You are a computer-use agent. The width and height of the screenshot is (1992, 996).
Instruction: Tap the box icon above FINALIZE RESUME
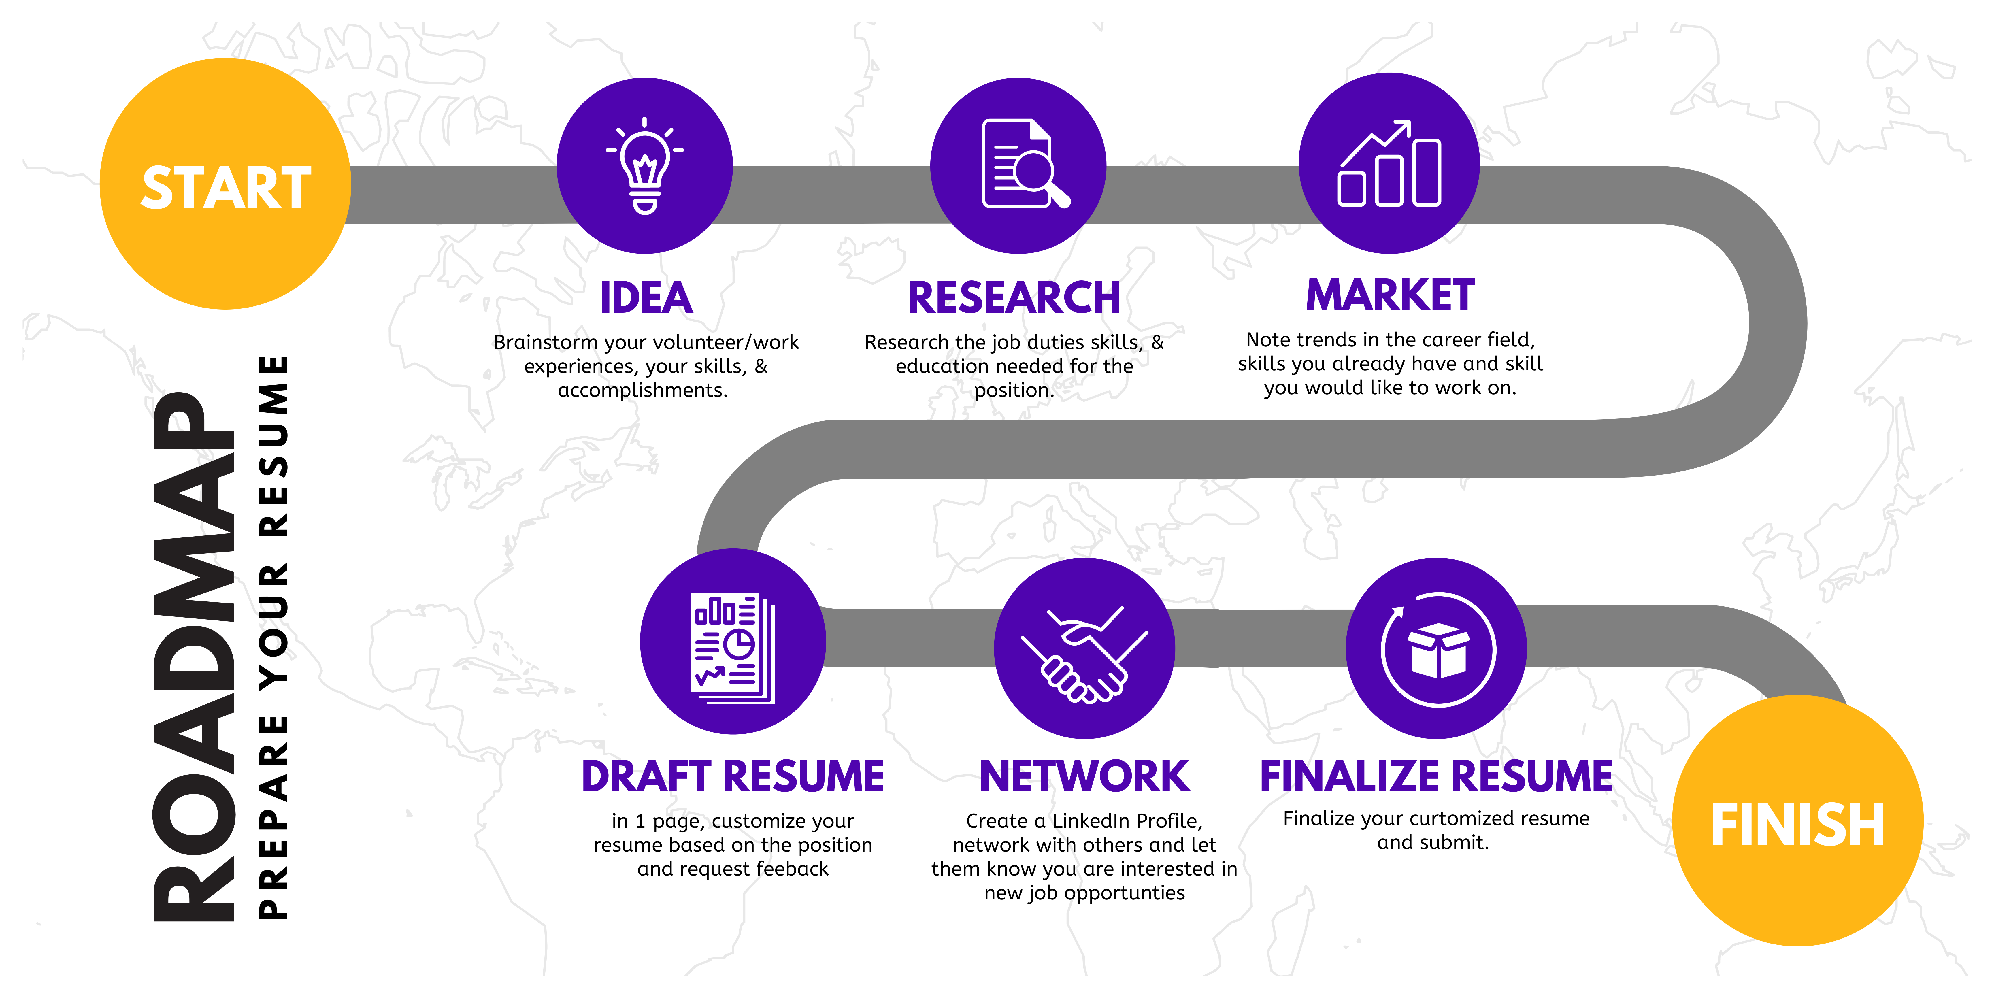point(1438,650)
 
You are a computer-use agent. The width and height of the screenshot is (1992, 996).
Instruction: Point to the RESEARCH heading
point(1014,298)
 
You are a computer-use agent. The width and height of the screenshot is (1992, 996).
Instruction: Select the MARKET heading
point(1390,295)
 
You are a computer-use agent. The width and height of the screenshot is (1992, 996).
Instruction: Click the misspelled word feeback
point(792,869)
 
